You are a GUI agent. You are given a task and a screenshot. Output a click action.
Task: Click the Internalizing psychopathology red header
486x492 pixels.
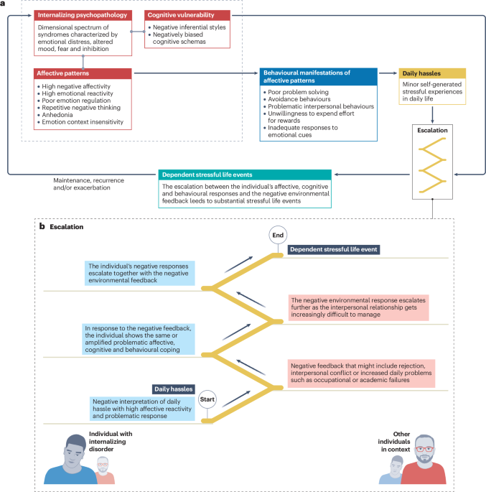click(83, 15)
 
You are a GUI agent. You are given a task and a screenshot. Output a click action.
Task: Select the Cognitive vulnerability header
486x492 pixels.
click(187, 15)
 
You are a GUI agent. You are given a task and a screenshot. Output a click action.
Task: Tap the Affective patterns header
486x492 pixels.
click(83, 73)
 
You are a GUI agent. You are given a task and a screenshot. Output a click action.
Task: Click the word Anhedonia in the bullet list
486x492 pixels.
click(57, 115)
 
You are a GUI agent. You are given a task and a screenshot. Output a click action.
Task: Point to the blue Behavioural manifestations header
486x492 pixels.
click(318, 77)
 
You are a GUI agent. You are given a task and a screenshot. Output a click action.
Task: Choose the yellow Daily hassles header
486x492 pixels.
click(432, 73)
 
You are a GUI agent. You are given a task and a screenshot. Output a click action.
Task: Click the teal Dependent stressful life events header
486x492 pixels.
click(245, 175)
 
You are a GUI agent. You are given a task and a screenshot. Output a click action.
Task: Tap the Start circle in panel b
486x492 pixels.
click(207, 399)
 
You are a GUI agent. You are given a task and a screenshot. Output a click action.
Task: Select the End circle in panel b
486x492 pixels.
click(278, 235)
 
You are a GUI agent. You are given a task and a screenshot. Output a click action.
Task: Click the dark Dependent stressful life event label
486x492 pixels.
click(334, 249)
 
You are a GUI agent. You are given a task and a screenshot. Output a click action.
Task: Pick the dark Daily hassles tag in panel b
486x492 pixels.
click(174, 389)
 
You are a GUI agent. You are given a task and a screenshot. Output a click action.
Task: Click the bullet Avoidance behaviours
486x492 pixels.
click(299, 99)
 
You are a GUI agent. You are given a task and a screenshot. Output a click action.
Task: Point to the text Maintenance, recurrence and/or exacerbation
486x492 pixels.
click(88, 184)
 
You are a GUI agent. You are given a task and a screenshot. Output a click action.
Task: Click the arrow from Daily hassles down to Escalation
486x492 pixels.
click(432, 115)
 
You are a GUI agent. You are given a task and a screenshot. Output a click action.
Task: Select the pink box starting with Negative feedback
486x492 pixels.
click(361, 373)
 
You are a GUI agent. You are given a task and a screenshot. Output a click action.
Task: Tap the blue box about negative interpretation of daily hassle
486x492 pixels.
click(142, 409)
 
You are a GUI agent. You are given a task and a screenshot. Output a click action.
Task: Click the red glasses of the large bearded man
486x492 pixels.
click(424, 449)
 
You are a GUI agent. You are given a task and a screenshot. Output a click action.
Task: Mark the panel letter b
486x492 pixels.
click(42, 226)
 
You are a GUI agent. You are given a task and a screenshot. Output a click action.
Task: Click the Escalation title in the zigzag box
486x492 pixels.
click(432, 130)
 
